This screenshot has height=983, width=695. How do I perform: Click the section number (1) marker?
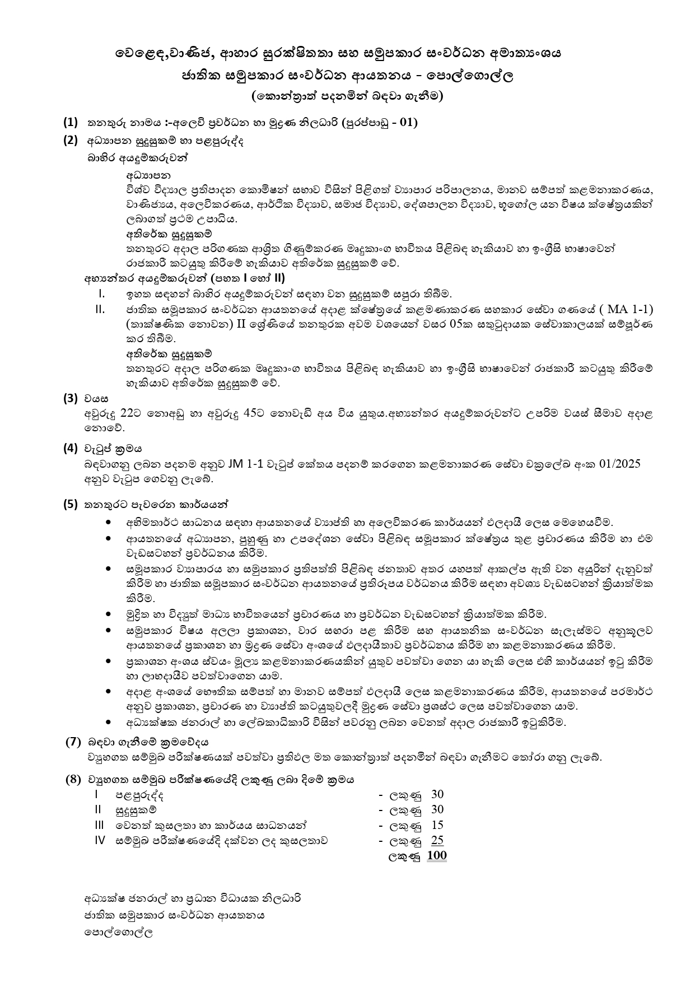tap(71, 122)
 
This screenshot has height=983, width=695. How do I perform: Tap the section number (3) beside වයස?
tap(71, 398)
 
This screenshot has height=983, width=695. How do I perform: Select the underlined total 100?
tap(436, 855)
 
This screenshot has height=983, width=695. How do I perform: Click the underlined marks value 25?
tap(437, 840)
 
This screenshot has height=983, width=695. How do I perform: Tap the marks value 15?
tap(437, 824)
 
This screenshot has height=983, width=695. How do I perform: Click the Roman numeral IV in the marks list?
tap(100, 840)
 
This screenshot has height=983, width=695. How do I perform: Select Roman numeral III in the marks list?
tap(100, 824)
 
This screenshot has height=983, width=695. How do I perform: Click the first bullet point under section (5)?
tap(108, 522)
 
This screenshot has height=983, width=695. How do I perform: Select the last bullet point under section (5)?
tap(108, 722)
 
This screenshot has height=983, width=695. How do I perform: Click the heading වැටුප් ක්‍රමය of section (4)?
tap(105, 448)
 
